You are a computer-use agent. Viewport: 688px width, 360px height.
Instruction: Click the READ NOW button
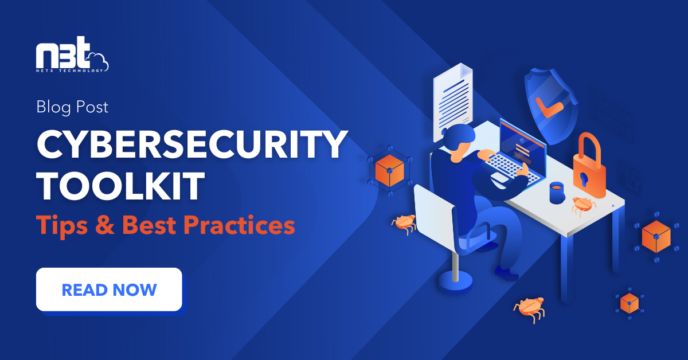point(109,289)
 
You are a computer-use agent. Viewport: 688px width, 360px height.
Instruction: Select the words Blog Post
point(72,107)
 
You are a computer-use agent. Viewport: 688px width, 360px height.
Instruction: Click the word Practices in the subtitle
point(240,225)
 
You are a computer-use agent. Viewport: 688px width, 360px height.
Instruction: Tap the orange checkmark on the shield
point(547,107)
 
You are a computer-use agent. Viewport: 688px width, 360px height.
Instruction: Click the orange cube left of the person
point(390,170)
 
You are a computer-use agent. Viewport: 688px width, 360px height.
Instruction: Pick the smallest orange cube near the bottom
point(629,302)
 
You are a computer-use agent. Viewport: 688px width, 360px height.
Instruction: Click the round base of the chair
point(455,280)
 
